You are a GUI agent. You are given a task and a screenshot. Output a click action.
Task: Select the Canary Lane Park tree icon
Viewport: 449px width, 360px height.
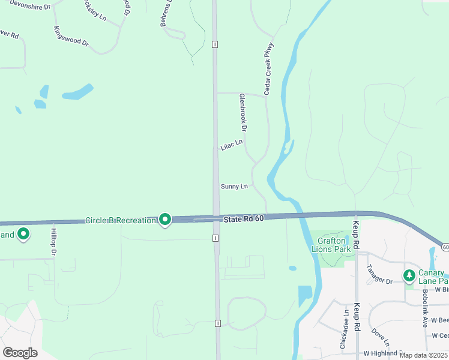[409, 275]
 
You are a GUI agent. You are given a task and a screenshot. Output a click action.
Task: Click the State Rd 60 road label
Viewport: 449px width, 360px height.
[244, 220]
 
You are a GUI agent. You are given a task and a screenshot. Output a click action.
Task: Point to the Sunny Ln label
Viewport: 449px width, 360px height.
[234, 187]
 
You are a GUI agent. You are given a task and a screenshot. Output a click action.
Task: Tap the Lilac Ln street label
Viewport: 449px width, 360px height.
[232, 145]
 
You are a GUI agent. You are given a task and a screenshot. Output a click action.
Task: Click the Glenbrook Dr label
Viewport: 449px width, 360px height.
[243, 112]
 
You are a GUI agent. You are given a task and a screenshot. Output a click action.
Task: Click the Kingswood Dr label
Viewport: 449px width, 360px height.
[71, 37]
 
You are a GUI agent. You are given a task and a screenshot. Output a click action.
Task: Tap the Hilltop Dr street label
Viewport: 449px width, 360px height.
[53, 242]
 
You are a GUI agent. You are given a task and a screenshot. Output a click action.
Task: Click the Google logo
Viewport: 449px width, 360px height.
[20, 353]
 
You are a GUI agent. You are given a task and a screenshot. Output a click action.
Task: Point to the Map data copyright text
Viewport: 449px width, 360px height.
[423, 355]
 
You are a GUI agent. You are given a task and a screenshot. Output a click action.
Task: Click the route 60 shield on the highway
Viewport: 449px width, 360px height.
[445, 247]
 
